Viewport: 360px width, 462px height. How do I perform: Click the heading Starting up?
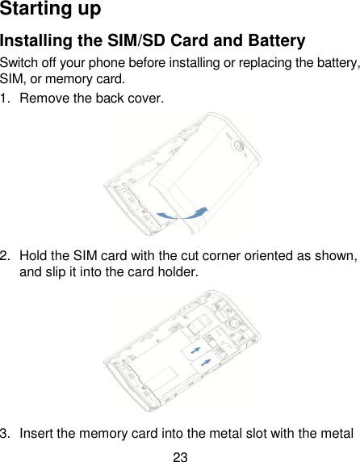tap(50, 10)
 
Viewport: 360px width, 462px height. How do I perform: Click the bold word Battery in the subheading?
tap(274, 42)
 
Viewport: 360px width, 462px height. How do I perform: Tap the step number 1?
tap(6, 99)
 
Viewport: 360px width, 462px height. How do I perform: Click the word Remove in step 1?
tap(44, 99)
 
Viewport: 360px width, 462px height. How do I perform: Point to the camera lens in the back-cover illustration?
tap(240, 145)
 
